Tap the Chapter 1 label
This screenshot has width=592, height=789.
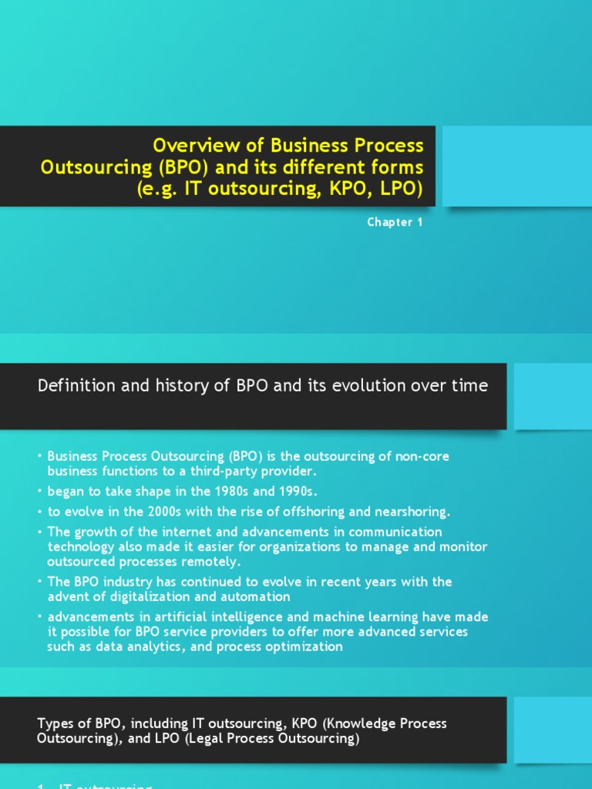pos(395,223)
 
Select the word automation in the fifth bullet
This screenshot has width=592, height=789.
pos(257,596)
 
